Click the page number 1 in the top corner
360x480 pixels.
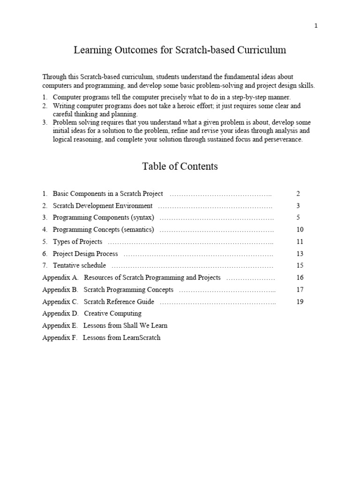(316, 26)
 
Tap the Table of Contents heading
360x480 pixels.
(180, 166)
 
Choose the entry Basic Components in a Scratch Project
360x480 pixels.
(108, 194)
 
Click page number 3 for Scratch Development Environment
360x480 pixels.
(298, 206)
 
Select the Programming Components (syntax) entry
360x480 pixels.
(103, 217)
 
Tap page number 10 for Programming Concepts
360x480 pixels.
(300, 230)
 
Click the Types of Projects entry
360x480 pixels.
(77, 242)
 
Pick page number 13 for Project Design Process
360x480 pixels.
(300, 254)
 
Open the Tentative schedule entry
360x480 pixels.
(79, 266)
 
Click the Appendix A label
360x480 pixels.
(60, 277)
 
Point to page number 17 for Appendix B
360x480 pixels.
(300, 290)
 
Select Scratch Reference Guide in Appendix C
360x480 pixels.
(119, 302)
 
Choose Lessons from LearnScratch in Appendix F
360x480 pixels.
(121, 337)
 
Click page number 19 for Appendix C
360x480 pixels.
(300, 302)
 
